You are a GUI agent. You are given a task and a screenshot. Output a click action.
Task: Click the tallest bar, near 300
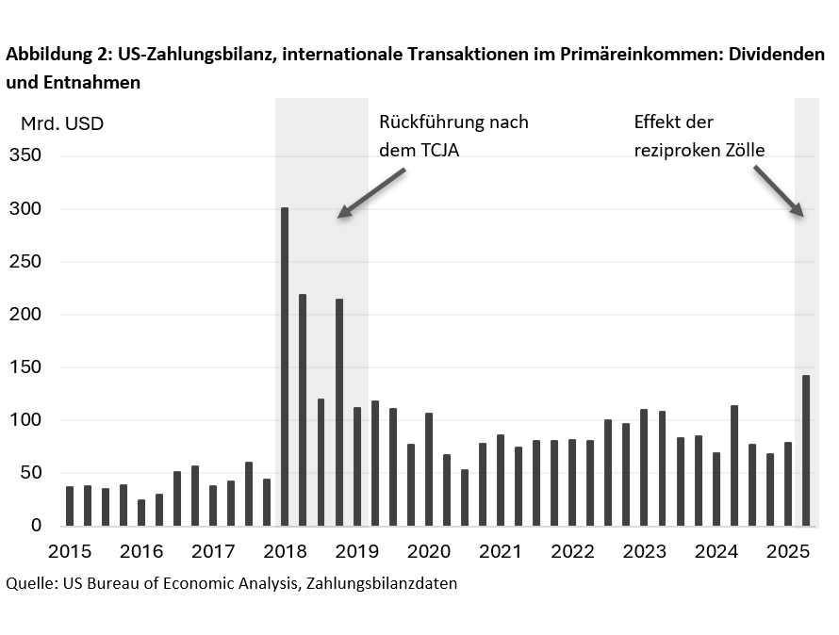[285, 366]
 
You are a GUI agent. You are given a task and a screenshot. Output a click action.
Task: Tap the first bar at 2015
[70, 506]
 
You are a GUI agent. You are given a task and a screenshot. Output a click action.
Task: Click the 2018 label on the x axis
[285, 551]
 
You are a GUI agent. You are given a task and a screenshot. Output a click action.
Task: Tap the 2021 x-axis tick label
[501, 551]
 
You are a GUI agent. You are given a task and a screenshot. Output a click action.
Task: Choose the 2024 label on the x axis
[716, 551]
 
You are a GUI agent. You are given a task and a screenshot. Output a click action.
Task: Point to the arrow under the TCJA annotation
[371, 194]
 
